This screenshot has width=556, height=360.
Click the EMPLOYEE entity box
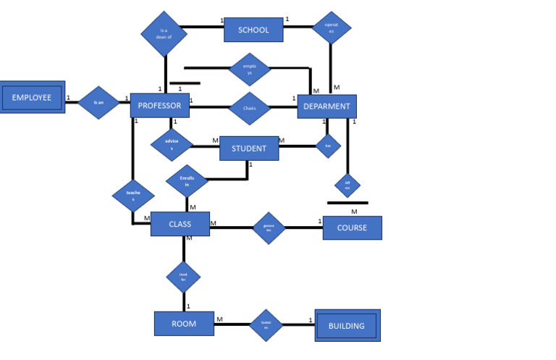click(32, 97)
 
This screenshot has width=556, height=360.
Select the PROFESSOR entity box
click(160, 106)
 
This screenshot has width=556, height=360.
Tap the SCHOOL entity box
click(253, 30)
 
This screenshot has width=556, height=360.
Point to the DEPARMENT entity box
click(327, 106)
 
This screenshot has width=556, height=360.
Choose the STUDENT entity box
click(248, 148)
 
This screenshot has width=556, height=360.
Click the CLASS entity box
click(180, 224)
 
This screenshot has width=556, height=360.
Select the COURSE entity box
click(352, 227)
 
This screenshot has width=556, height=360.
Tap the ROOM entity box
click(184, 324)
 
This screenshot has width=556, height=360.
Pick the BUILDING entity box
click(347, 325)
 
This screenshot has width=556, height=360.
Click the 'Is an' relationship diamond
click(98, 103)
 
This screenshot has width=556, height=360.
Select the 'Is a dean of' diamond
click(164, 33)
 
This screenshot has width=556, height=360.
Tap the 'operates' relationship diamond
click(331, 28)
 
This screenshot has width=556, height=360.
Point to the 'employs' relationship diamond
click(250, 70)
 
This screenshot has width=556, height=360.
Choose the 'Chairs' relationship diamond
click(250, 108)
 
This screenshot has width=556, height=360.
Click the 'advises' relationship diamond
click(172, 144)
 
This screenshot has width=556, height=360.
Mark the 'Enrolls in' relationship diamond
click(187, 181)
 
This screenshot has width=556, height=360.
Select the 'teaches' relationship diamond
click(133, 196)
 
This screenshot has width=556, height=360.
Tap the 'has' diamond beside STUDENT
click(328, 146)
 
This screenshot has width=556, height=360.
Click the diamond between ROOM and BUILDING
click(266, 325)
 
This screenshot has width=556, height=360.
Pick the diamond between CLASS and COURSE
click(269, 228)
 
